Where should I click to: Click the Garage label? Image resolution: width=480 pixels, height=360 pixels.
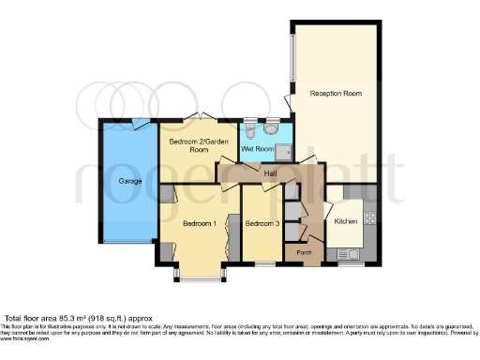click(x=129, y=180)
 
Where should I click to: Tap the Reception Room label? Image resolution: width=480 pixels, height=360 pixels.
click(x=335, y=94)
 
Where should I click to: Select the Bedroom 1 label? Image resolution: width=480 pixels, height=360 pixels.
click(x=199, y=223)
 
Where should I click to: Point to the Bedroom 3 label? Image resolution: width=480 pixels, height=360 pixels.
click(x=262, y=223)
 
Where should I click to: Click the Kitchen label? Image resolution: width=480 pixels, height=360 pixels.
click(x=346, y=221)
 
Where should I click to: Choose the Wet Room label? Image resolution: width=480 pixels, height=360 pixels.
click(x=257, y=149)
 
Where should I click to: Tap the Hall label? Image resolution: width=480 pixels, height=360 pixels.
click(x=270, y=173)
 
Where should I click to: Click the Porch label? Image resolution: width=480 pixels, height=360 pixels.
click(x=303, y=252)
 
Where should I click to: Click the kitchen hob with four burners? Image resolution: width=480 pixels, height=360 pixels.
click(x=369, y=217)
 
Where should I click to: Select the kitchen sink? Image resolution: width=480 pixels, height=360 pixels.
click(x=352, y=253)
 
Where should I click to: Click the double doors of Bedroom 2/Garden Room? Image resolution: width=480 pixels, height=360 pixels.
click(x=199, y=117)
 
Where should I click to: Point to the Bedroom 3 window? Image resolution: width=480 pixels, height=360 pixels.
click(x=263, y=264)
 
